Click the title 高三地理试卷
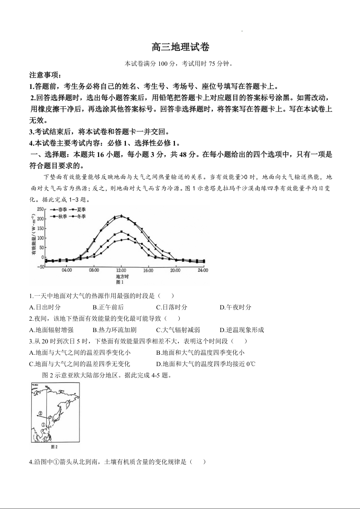coord(180,47)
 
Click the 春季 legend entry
coord(59,210)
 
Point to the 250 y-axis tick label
coord(40,209)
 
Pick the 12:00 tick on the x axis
coord(121,270)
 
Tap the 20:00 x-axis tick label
coord(175,270)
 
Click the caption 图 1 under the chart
coord(121,282)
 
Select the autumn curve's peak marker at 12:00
coord(121,232)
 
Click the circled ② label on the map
coord(40,413)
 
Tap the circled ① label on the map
coord(44,425)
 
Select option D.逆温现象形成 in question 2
coord(242,330)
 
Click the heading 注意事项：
coord(45,75)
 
